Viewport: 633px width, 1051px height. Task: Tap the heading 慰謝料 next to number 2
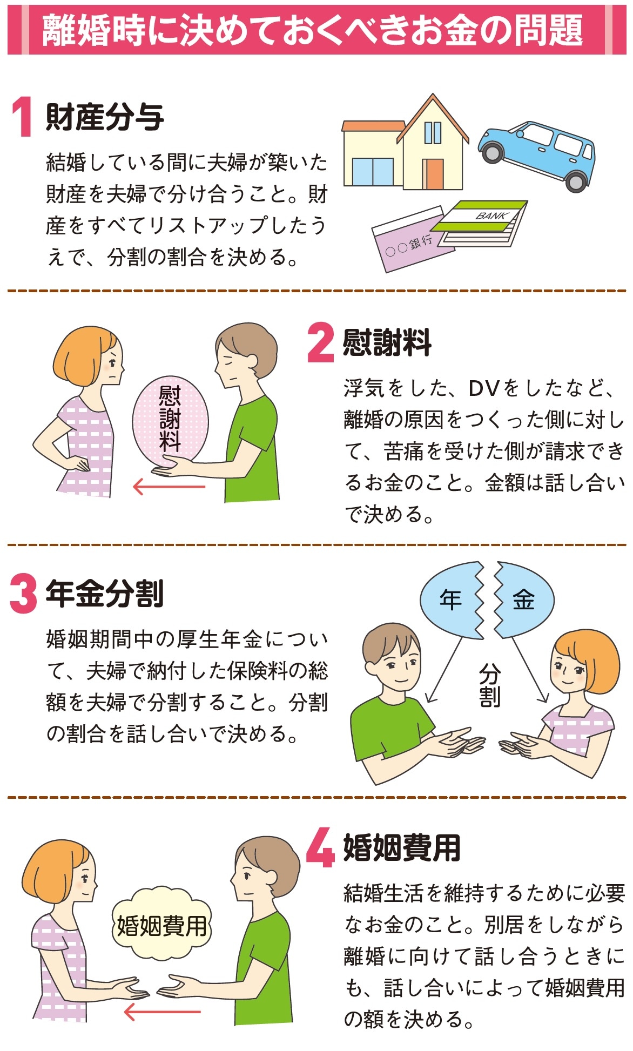(387, 342)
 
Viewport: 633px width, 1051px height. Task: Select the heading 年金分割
(105, 594)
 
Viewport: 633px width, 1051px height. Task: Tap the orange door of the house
(433, 173)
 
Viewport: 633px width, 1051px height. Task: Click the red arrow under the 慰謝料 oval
(169, 487)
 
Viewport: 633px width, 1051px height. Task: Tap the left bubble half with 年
(453, 600)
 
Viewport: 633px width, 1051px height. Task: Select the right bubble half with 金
(523, 600)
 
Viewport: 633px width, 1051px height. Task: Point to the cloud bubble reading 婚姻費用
(162, 925)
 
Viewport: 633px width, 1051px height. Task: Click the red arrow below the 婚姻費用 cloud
(163, 1012)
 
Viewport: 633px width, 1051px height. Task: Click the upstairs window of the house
(433, 133)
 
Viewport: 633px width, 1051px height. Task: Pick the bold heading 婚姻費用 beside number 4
(402, 847)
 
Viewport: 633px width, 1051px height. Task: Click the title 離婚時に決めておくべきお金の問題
(313, 30)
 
